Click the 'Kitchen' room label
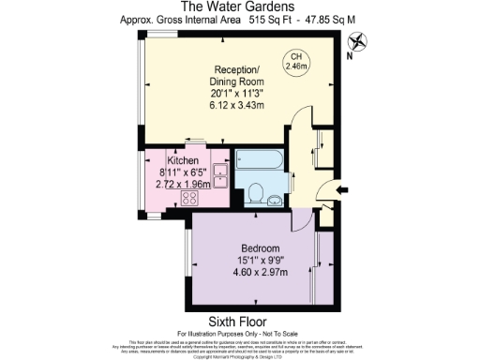coord(184,159)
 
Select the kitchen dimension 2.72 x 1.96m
coord(184,184)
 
